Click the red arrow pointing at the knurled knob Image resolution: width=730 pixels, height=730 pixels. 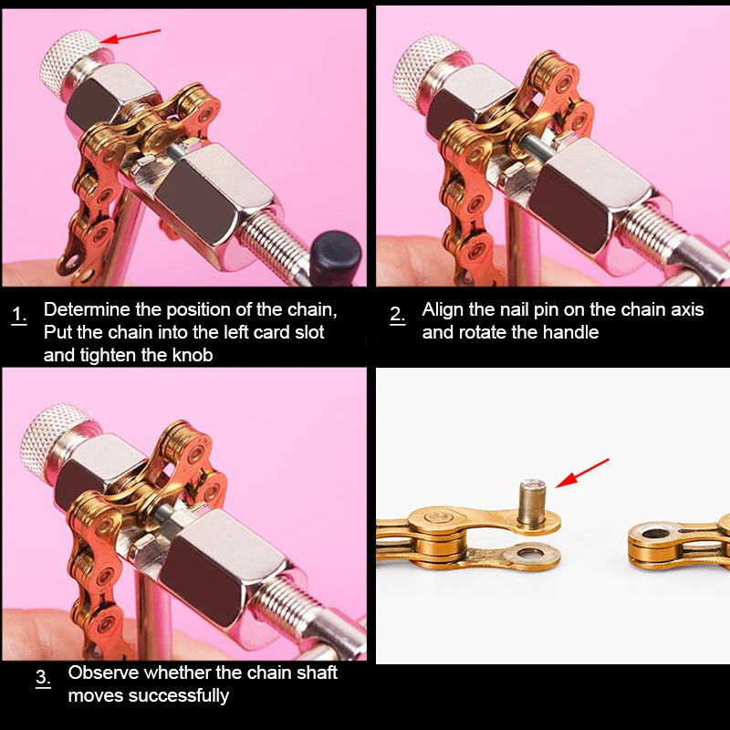click(x=130, y=36)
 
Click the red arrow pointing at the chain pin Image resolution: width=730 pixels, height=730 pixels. click(x=582, y=473)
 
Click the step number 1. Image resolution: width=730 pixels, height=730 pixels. click(x=19, y=315)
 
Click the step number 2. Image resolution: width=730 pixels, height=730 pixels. click(x=397, y=315)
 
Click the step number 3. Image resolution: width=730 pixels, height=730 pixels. click(x=43, y=677)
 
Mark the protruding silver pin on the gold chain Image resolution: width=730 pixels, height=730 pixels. click(x=532, y=504)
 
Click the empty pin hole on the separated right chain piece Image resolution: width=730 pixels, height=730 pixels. click(x=655, y=533)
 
